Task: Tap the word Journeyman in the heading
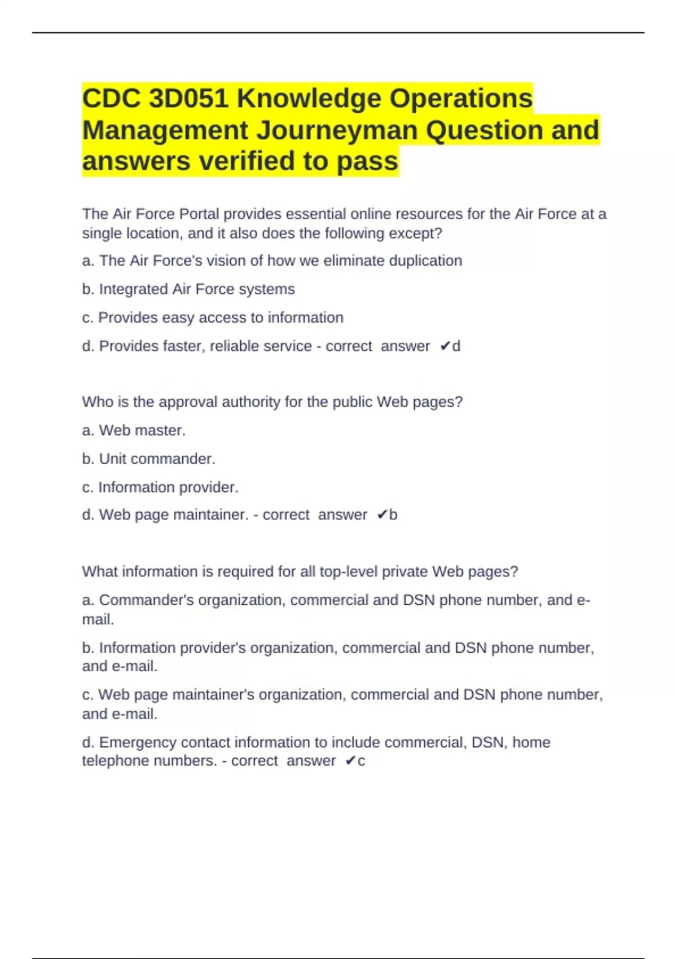[x=337, y=130]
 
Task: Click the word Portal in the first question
[x=199, y=214]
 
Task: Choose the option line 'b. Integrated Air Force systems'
[x=188, y=289]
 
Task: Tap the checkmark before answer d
[x=445, y=346]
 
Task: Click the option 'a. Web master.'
[x=134, y=430]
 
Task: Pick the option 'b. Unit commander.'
[x=148, y=459]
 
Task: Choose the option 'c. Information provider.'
[x=160, y=487]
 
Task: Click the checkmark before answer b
[x=382, y=514]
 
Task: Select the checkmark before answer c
[x=350, y=761]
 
